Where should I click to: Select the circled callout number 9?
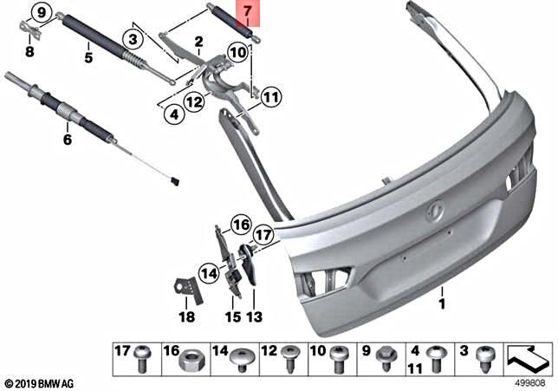(39, 13)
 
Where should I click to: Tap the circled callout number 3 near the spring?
(131, 39)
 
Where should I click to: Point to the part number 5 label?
(88, 59)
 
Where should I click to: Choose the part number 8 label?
(29, 52)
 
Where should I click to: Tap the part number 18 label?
(187, 317)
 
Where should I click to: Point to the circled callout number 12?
(193, 102)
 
